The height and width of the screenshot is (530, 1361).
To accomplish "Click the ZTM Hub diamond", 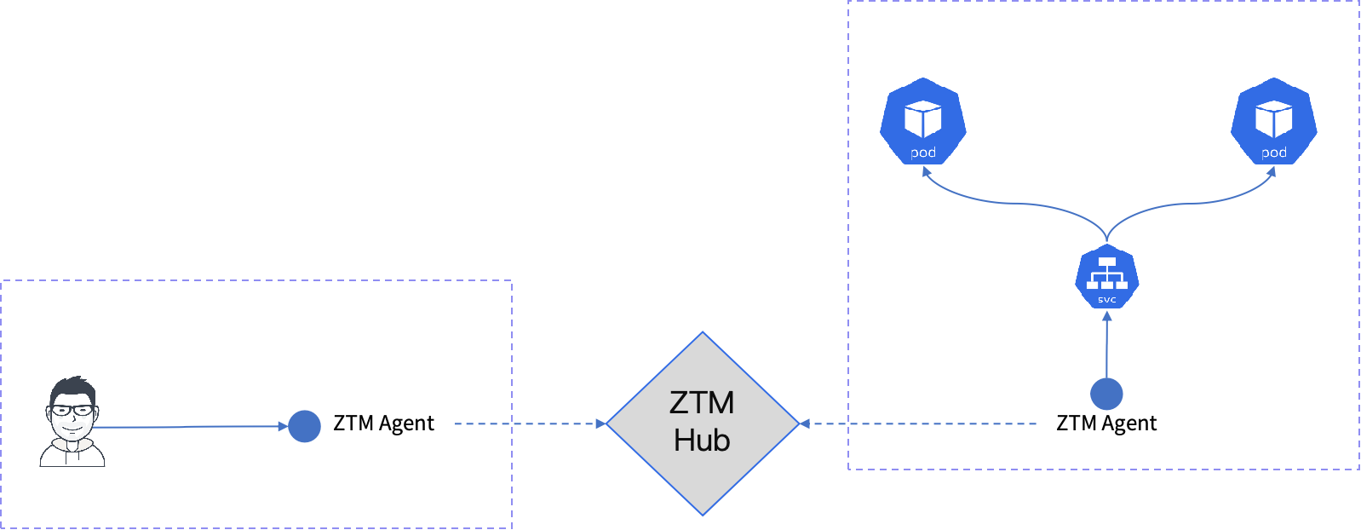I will point(702,423).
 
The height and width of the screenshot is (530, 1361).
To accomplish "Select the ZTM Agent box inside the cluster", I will point(1105,424).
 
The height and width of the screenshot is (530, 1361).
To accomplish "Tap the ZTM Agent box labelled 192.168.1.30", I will point(383,424).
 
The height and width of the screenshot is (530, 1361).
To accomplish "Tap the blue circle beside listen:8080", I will point(304,426).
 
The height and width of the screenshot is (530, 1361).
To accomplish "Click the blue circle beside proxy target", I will point(1106,394).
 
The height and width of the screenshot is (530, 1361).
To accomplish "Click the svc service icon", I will point(1106,277).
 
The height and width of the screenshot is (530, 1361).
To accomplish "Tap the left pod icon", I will point(923,121).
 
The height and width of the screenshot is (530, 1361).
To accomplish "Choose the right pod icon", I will point(1273,121).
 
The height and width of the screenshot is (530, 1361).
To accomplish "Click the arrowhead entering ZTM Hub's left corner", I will point(600,423).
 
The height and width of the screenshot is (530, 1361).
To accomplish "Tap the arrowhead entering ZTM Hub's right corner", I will point(805,423).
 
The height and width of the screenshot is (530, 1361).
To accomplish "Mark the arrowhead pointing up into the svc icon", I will point(1106,317).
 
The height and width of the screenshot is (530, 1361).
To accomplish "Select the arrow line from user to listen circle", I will point(187,427).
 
